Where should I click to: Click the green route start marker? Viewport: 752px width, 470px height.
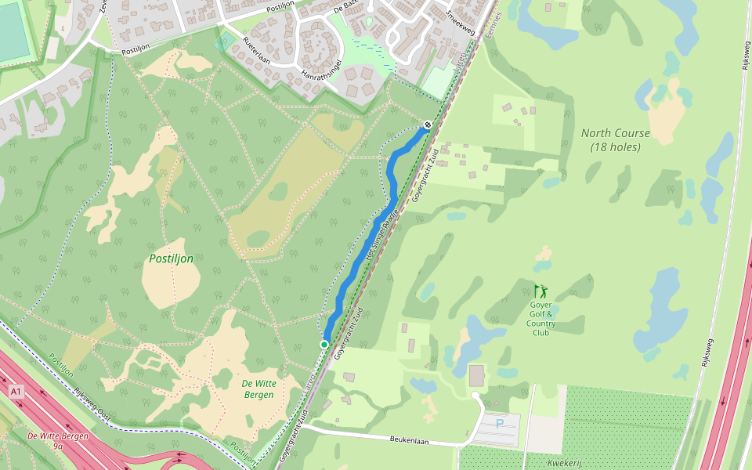[324, 344]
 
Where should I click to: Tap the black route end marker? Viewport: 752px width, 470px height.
[428, 125]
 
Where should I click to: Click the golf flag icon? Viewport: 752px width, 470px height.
[540, 291]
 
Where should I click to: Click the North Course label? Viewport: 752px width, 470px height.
[615, 133]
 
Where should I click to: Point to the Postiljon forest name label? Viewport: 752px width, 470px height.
[171, 258]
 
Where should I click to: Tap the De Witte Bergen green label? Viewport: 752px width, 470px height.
[258, 389]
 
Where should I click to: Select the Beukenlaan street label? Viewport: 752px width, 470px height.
[410, 441]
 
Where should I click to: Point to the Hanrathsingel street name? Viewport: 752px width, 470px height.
[323, 69]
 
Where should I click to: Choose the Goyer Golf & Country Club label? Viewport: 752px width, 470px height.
[540, 319]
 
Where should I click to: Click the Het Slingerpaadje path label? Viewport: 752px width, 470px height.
[382, 234]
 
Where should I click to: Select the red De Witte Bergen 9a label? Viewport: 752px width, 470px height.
[58, 440]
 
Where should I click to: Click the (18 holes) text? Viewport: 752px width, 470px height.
[615, 147]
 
